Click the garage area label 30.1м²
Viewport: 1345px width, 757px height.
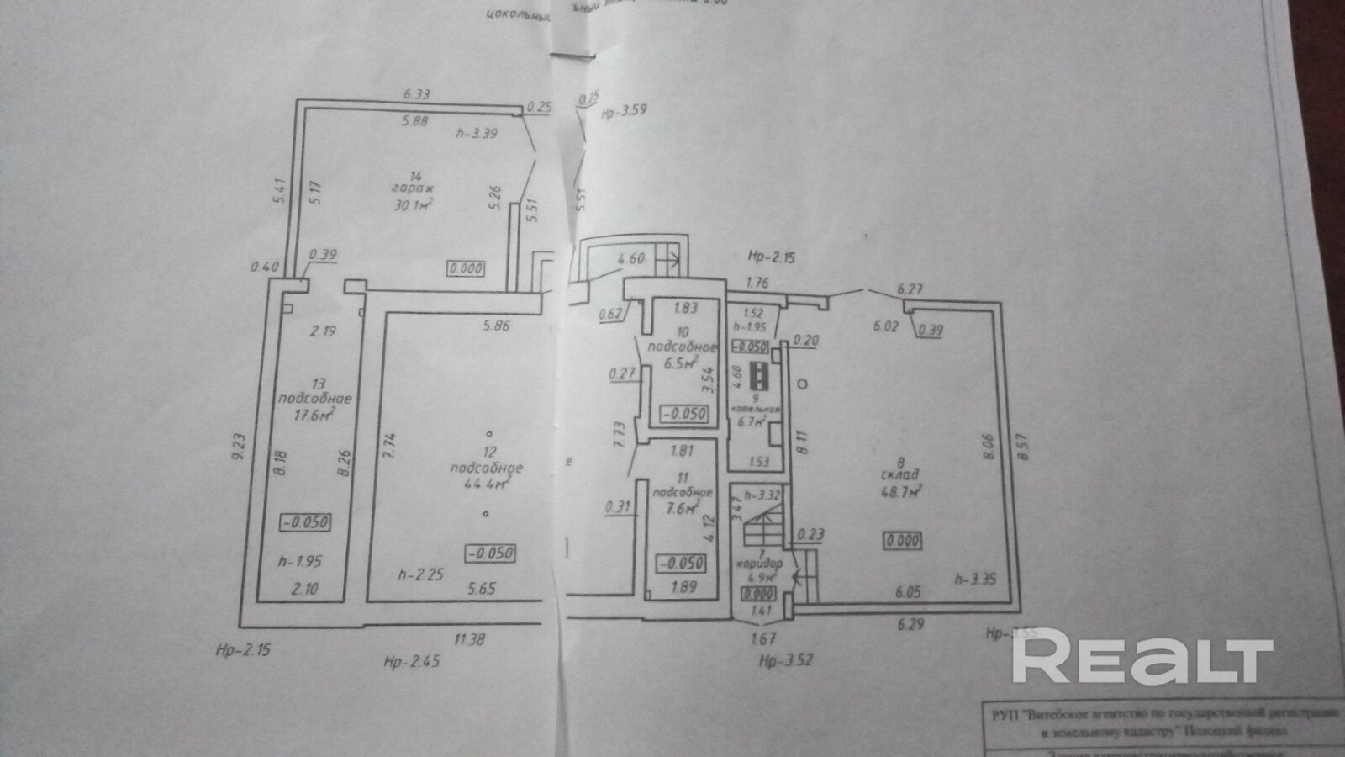[x=412, y=204]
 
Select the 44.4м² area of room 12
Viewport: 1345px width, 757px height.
[x=486, y=484]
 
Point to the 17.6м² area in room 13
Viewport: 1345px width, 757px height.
[x=316, y=413]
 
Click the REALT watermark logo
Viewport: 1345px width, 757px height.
[x=1142, y=660]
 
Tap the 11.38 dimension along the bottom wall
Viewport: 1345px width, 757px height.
[x=469, y=639]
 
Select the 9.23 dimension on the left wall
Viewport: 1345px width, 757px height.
[x=238, y=446]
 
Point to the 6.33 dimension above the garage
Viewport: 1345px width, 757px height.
[x=417, y=94]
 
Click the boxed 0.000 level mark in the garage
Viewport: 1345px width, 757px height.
[x=466, y=268]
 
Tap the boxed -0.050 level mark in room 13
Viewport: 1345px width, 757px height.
[x=305, y=521]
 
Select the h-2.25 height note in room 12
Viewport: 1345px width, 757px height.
[x=420, y=574]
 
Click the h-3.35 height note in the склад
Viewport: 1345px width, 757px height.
[x=976, y=578]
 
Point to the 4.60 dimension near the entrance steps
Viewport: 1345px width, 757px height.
[x=630, y=258]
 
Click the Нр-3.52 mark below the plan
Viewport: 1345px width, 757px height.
[x=786, y=660]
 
